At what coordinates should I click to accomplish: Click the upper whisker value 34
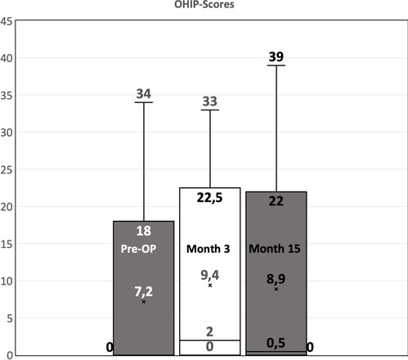pyautogui.click(x=144, y=94)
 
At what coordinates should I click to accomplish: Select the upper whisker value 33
pyautogui.click(x=209, y=101)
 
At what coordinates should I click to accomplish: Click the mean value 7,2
pyautogui.click(x=144, y=290)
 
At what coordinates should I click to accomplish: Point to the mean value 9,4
pyautogui.click(x=210, y=275)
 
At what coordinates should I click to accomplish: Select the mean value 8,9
pyautogui.click(x=276, y=278)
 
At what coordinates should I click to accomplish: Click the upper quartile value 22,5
pyautogui.click(x=209, y=197)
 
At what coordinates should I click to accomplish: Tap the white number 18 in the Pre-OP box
pyautogui.click(x=144, y=231)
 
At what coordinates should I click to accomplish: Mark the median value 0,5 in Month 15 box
pyautogui.click(x=276, y=342)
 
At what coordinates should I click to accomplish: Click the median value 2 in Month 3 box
pyautogui.click(x=209, y=331)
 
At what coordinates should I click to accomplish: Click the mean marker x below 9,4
pyautogui.click(x=210, y=286)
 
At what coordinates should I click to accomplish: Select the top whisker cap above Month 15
pyautogui.click(x=276, y=65)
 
